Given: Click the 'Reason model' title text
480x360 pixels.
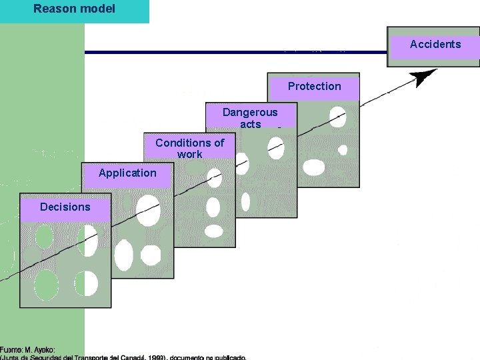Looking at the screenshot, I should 74,9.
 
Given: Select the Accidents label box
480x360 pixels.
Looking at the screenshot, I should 435,45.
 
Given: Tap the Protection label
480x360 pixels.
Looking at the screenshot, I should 314,86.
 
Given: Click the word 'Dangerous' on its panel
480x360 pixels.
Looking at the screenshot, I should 249,112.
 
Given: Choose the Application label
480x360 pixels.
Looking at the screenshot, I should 127,173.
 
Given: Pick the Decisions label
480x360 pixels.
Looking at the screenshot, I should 65,207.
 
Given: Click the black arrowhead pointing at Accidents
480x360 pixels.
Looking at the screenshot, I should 421,78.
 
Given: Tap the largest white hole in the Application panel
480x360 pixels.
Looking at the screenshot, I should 148,211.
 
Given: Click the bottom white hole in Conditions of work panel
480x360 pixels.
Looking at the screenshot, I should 213,231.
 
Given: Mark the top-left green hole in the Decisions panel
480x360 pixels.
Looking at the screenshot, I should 44,237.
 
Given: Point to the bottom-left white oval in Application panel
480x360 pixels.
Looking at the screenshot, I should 123,255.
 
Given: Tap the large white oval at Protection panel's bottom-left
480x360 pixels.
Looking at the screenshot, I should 312,167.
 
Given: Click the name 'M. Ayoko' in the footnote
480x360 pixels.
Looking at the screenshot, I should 41,349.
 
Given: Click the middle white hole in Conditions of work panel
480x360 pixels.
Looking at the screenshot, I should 213,207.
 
